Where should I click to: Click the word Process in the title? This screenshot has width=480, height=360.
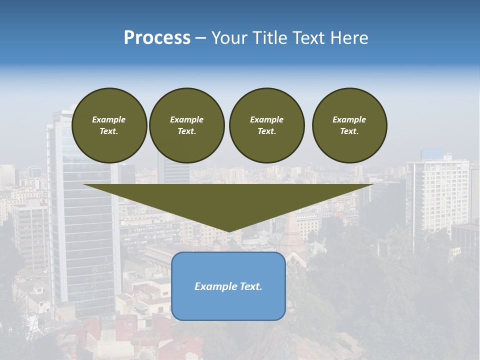(157, 38)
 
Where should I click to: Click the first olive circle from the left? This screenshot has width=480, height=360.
(109, 125)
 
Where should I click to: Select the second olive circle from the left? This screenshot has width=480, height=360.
(187, 125)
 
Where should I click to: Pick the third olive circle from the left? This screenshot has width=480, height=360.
(267, 125)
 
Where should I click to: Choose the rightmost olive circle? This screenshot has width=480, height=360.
(349, 125)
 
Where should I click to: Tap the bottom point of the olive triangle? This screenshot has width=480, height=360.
(229, 231)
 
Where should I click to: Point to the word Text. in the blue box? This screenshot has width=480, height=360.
(250, 286)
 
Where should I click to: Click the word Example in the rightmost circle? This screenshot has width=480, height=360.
(349, 119)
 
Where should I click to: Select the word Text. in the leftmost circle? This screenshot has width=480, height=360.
(109, 131)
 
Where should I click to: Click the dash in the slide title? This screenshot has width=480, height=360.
(201, 38)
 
